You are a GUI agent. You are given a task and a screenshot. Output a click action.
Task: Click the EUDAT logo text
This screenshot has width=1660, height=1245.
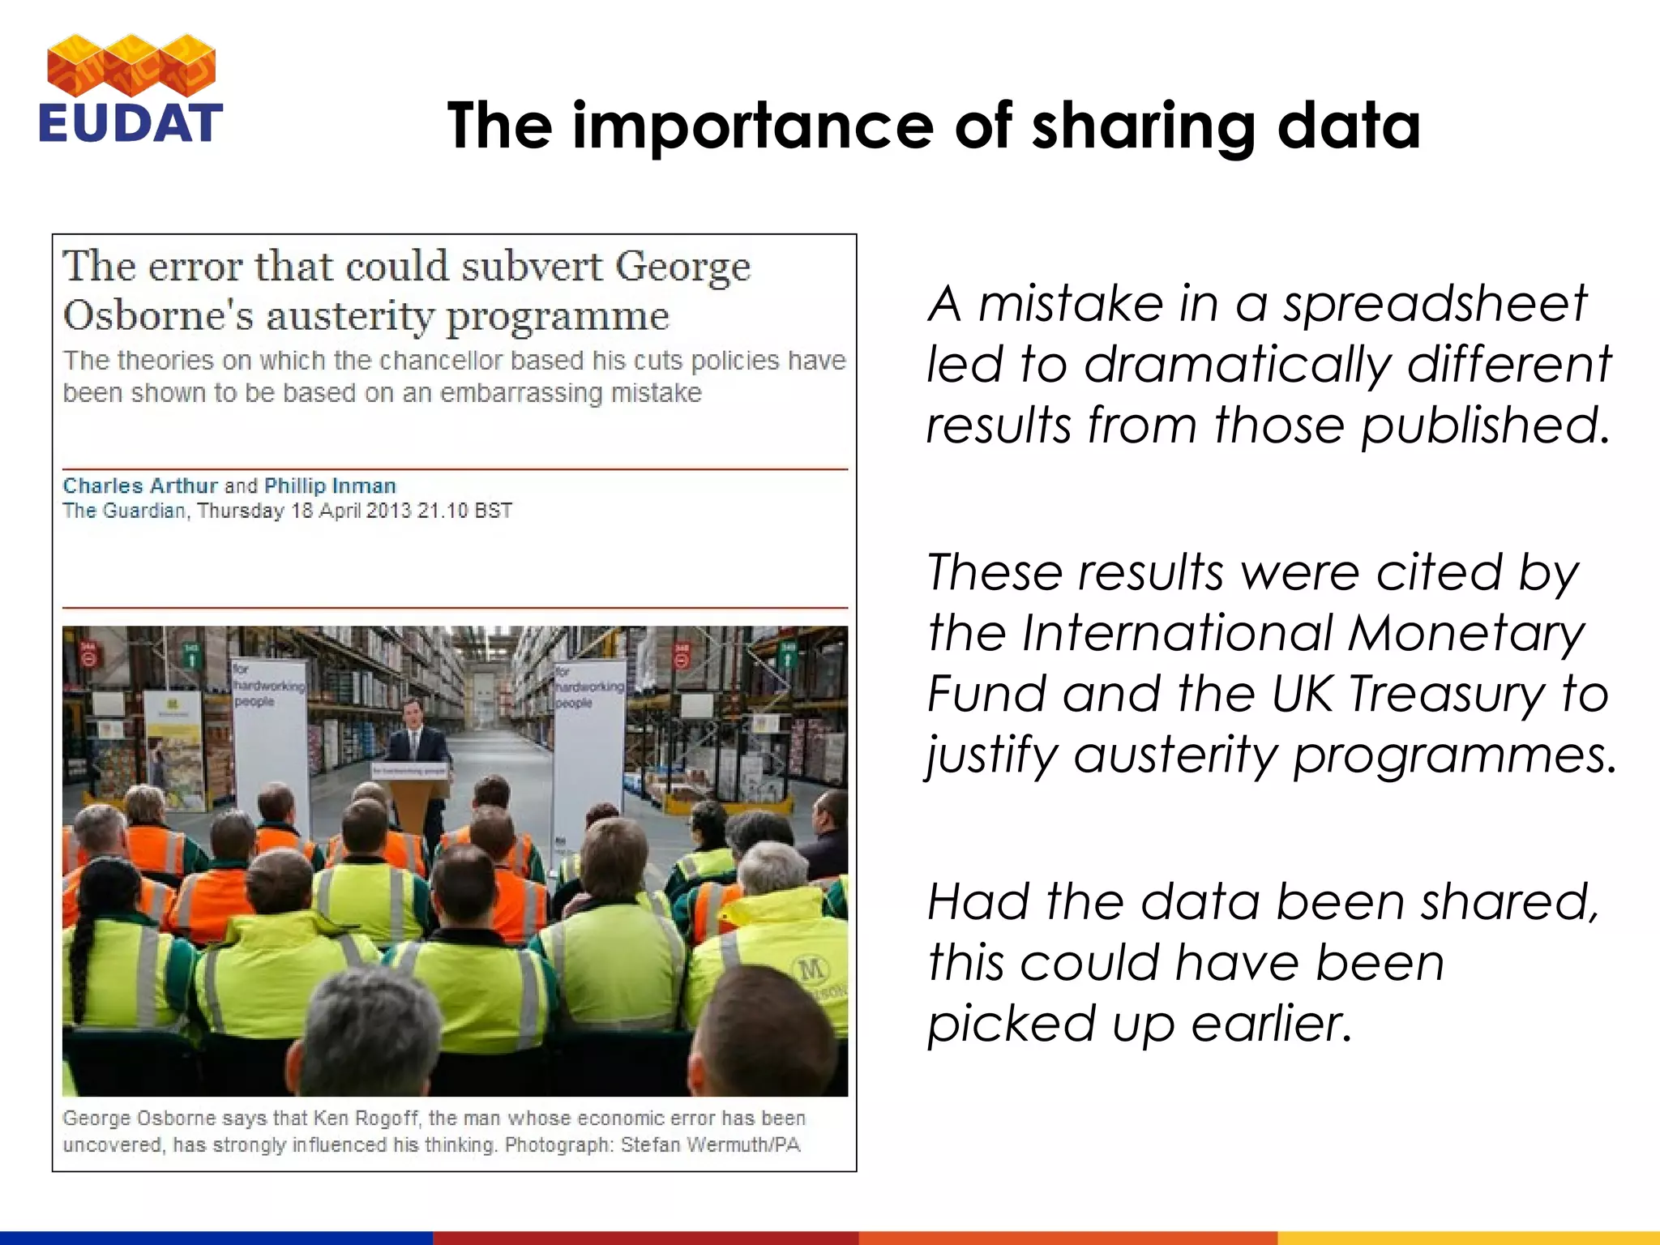130,123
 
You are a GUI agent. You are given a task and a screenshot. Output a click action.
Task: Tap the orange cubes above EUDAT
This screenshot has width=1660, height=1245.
131,65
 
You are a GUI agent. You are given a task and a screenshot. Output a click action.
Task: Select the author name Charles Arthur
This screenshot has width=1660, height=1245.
140,486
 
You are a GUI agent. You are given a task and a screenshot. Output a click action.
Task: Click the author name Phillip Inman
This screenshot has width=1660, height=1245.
330,486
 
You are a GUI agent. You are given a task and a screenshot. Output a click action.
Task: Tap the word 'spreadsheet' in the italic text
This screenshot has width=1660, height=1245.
1434,304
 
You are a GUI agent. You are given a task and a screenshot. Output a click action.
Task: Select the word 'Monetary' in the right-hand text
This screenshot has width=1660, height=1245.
1465,632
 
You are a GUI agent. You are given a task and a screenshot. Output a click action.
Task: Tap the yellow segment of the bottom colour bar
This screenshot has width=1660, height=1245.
1468,1238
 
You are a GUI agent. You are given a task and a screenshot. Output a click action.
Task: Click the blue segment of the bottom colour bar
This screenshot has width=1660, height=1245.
216,1238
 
